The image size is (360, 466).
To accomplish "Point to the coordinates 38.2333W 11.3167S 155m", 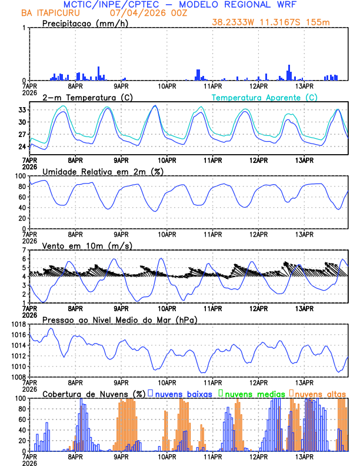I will pyautogui.click(x=279, y=23).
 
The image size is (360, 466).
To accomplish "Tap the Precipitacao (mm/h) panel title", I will pyautogui.click(x=85, y=24).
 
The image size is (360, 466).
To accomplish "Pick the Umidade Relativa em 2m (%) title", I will pyautogui.click(x=102, y=171).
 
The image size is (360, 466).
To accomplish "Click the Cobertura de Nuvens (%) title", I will pyautogui.click(x=94, y=394).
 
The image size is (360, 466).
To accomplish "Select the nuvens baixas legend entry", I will pyautogui.click(x=184, y=394).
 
